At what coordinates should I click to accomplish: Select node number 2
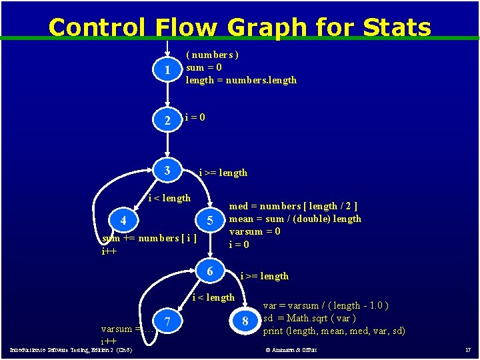click(168, 121)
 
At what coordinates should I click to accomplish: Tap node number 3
click(167, 171)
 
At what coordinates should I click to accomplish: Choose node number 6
click(209, 271)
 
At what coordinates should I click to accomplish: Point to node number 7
click(167, 322)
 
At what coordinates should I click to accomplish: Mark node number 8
click(245, 322)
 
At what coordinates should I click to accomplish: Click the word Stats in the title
click(397, 27)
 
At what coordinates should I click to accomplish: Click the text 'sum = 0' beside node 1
click(204, 67)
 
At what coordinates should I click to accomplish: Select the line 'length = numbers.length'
click(241, 80)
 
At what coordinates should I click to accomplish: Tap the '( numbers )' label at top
click(212, 55)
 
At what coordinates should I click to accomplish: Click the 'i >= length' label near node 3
click(223, 173)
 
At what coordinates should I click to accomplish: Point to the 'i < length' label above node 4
click(169, 197)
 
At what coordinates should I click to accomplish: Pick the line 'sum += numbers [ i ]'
click(149, 239)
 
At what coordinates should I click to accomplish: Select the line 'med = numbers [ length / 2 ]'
click(293, 206)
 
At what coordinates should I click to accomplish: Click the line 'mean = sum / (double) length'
click(295, 219)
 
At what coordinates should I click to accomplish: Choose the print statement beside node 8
click(334, 331)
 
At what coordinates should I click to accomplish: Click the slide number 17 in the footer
click(467, 349)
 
